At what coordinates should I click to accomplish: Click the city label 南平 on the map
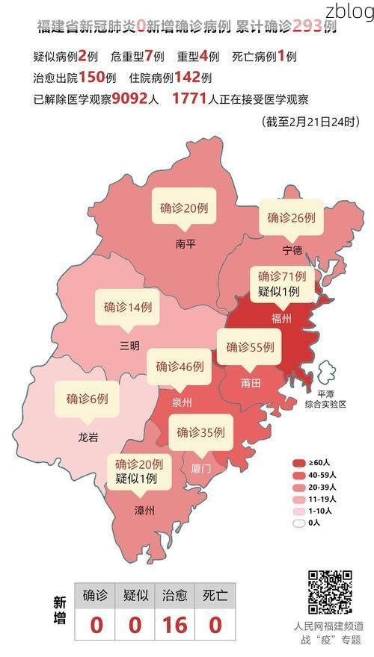tap(185, 243)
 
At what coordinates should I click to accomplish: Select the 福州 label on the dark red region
tap(281, 318)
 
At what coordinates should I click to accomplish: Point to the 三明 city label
tap(129, 345)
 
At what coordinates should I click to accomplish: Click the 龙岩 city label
tap(88, 438)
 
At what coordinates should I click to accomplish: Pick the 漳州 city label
tap(144, 511)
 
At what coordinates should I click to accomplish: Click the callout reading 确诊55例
tap(250, 347)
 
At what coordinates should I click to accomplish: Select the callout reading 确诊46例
tap(180, 367)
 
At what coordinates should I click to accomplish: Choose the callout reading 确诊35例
tap(200, 432)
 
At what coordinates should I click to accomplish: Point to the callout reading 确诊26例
tap(291, 218)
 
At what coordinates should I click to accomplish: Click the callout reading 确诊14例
tap(128, 307)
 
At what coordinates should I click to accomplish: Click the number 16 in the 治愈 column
tap(175, 624)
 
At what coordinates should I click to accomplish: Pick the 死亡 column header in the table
tap(215, 595)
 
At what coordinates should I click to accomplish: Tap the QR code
tap(329, 592)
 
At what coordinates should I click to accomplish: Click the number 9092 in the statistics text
tap(133, 99)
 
